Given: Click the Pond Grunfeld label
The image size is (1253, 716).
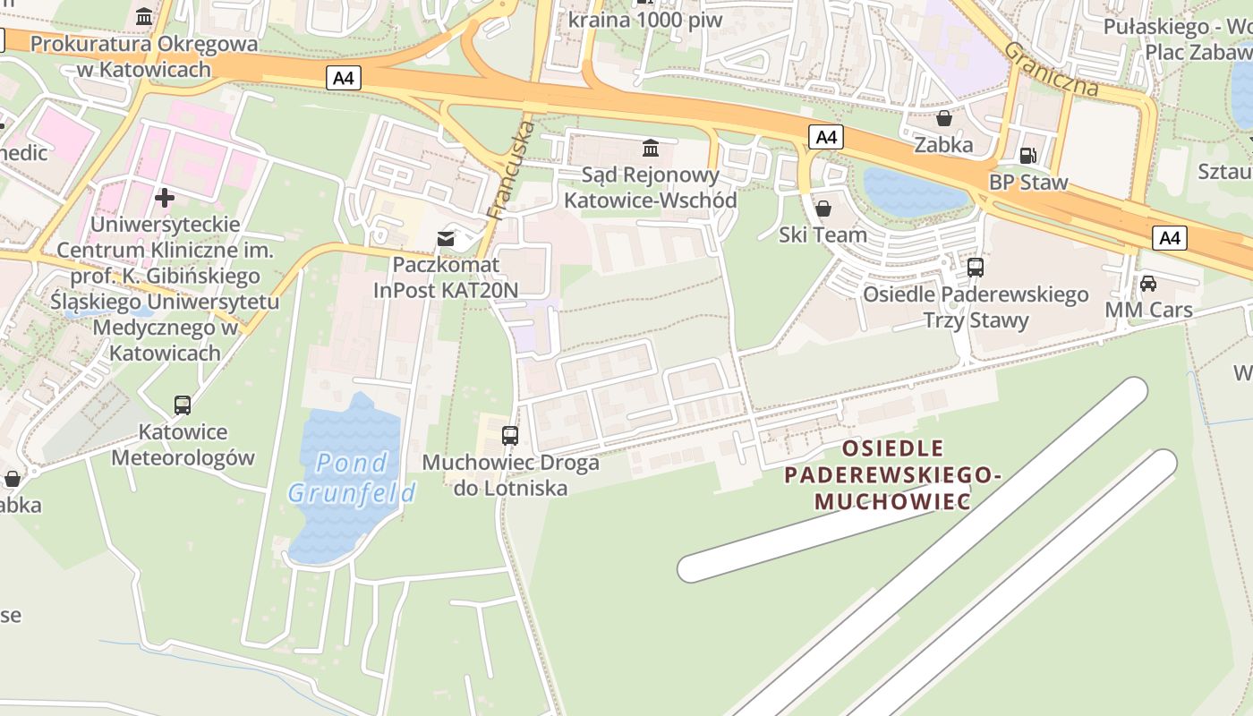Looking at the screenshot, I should click(x=352, y=477).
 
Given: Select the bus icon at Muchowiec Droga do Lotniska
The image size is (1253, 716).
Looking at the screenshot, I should click(x=510, y=436).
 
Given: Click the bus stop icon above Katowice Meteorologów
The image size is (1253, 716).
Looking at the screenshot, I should click(x=183, y=405).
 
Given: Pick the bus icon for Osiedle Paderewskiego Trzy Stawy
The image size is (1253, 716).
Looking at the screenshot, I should click(x=976, y=267).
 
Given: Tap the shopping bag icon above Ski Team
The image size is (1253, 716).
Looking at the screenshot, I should click(x=823, y=209).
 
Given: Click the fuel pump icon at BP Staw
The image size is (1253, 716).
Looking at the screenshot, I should click(x=1028, y=156).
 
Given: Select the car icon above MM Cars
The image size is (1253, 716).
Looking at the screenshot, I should click(x=1148, y=284).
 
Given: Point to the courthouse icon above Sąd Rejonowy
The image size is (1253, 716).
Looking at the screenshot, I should click(x=651, y=148).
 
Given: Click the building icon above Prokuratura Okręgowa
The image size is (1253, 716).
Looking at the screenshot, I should click(x=144, y=17).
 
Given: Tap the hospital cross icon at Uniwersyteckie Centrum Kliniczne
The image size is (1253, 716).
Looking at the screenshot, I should click(x=165, y=197).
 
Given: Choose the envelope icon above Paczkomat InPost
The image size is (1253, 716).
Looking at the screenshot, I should click(x=445, y=239).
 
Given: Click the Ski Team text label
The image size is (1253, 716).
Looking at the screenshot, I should click(x=823, y=234).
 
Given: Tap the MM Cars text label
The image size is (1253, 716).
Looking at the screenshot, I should click(x=1148, y=310).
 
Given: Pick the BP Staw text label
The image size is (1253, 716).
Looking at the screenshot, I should click(x=1028, y=183).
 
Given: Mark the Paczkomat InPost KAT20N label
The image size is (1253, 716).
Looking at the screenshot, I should click(x=445, y=277).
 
